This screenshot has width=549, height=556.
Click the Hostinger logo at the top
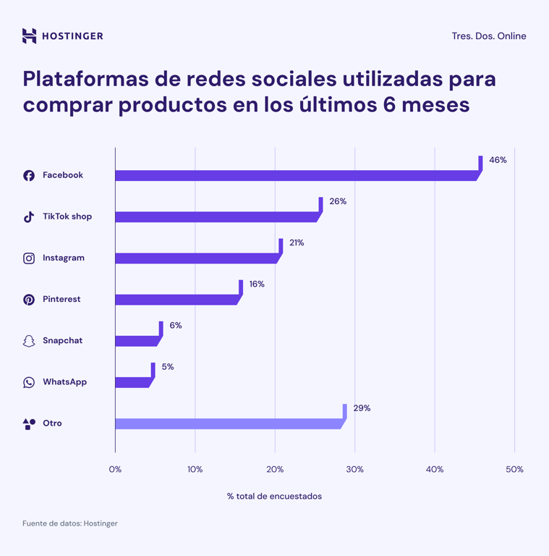[62, 35]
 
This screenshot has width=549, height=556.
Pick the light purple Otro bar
[228, 424]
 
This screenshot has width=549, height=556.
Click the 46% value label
[498, 160]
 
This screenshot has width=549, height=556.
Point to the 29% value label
[362, 408]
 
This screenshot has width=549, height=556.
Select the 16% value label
[257, 284]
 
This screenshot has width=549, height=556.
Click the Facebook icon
[29, 175]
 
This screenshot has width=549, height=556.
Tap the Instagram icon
[29, 258]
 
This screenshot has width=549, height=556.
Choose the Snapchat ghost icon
[29, 341]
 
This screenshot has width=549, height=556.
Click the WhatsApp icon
[29, 382]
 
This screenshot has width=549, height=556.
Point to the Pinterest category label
[61, 299]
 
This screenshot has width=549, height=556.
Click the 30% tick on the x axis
[354, 469]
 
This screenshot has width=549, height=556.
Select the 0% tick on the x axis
[115, 469]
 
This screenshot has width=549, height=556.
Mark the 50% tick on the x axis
[514, 469]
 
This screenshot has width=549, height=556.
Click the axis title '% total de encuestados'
[274, 496]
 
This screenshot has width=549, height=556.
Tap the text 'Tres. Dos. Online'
[489, 36]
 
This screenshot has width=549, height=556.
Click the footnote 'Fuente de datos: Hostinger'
[69, 523]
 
